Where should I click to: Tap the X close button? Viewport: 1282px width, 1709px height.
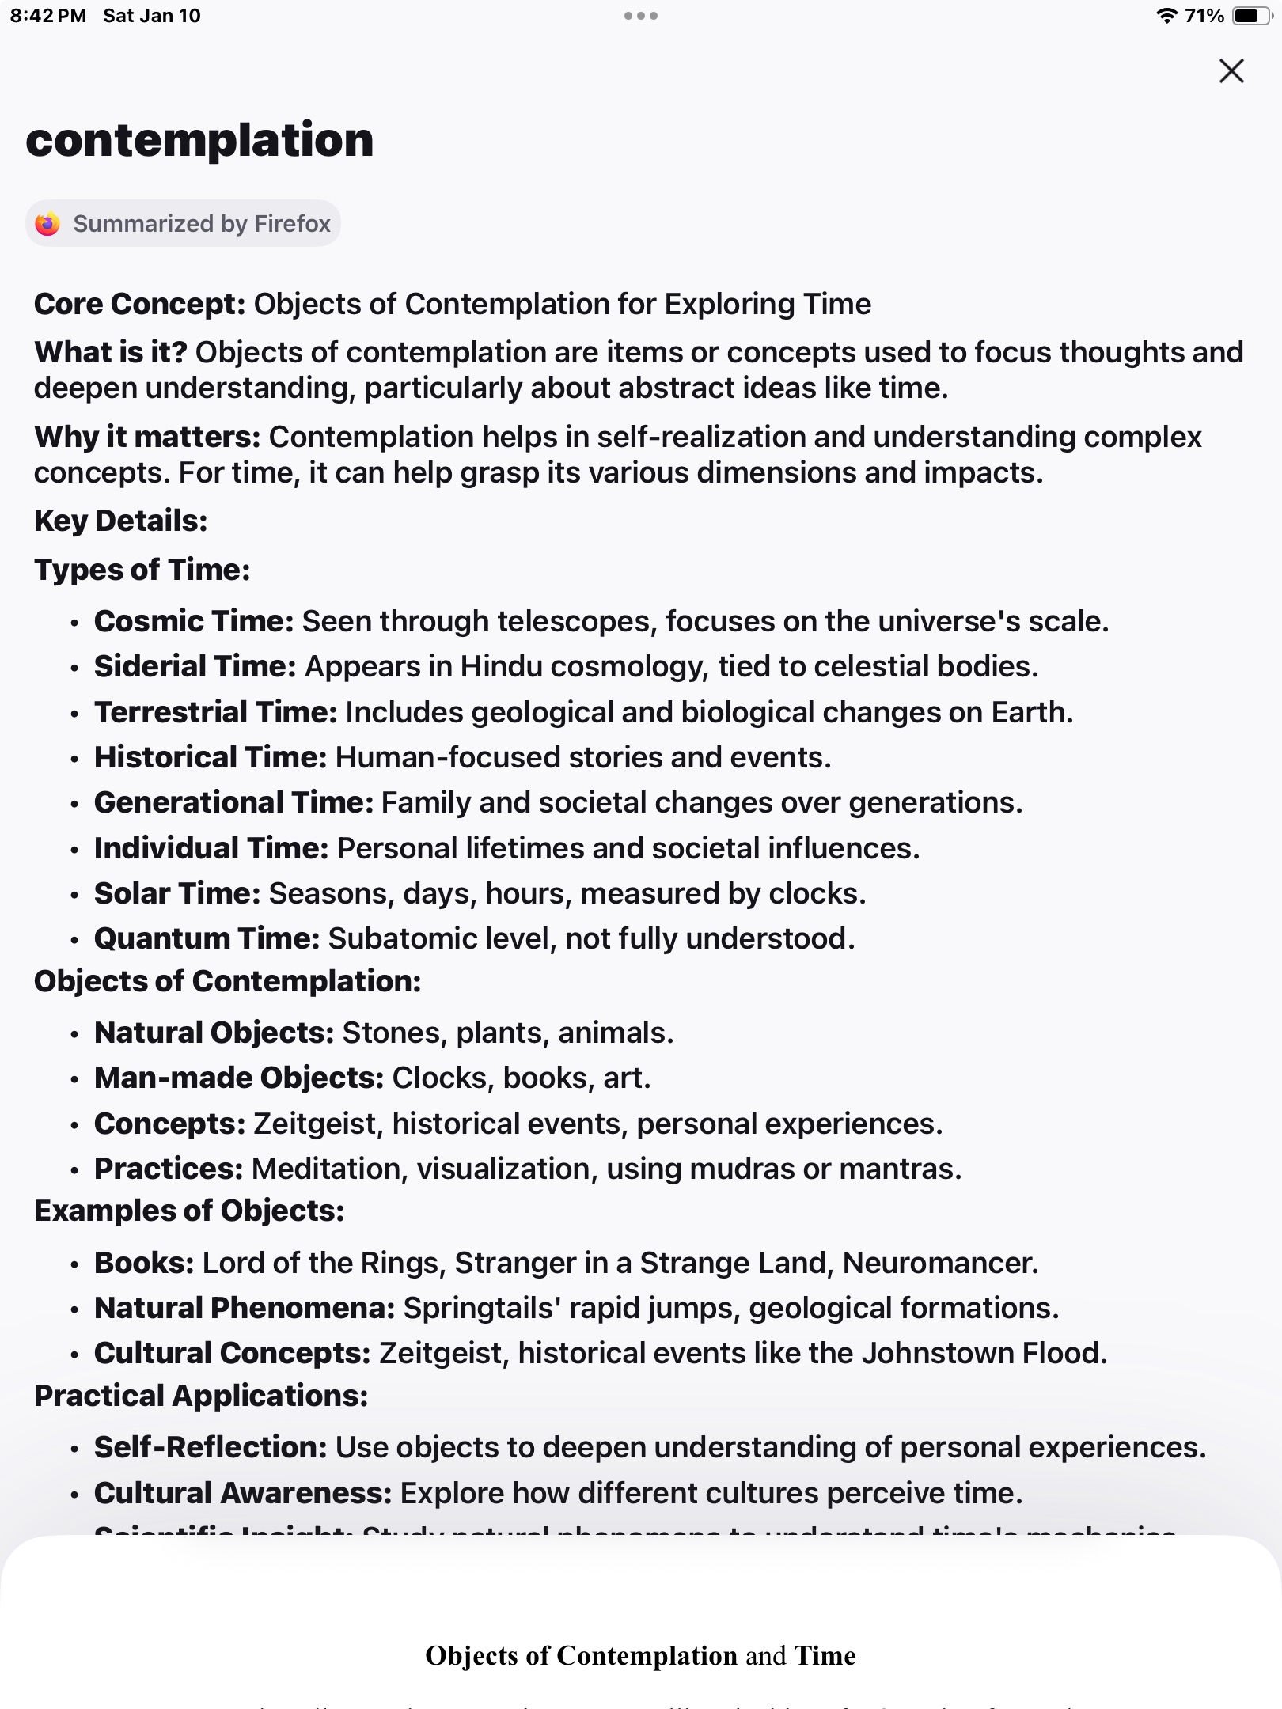[x=1231, y=71]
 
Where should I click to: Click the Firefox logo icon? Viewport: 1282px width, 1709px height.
[x=47, y=224]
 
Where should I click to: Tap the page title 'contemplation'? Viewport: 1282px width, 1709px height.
[x=199, y=140]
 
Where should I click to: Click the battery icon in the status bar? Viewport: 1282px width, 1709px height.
[x=1251, y=16]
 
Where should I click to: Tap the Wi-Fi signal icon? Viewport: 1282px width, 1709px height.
[x=1166, y=16]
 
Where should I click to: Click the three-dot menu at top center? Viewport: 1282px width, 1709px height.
[x=640, y=16]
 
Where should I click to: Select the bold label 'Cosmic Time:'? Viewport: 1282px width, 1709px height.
[x=194, y=621]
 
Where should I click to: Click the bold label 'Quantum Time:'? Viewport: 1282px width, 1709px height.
[x=207, y=938]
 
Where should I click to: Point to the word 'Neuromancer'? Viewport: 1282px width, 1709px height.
[x=939, y=1263]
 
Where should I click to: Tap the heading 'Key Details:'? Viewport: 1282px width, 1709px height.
[x=121, y=521]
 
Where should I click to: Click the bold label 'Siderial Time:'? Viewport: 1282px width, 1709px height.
[x=195, y=666]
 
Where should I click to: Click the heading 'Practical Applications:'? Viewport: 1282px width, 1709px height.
[x=201, y=1396]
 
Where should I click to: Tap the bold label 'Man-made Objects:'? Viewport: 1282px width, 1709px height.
[x=239, y=1078]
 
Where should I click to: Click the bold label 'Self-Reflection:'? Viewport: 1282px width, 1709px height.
[x=211, y=1447]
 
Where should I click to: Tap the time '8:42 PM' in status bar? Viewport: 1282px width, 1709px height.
[x=48, y=16]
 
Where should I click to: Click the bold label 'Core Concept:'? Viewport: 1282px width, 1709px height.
[x=140, y=304]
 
